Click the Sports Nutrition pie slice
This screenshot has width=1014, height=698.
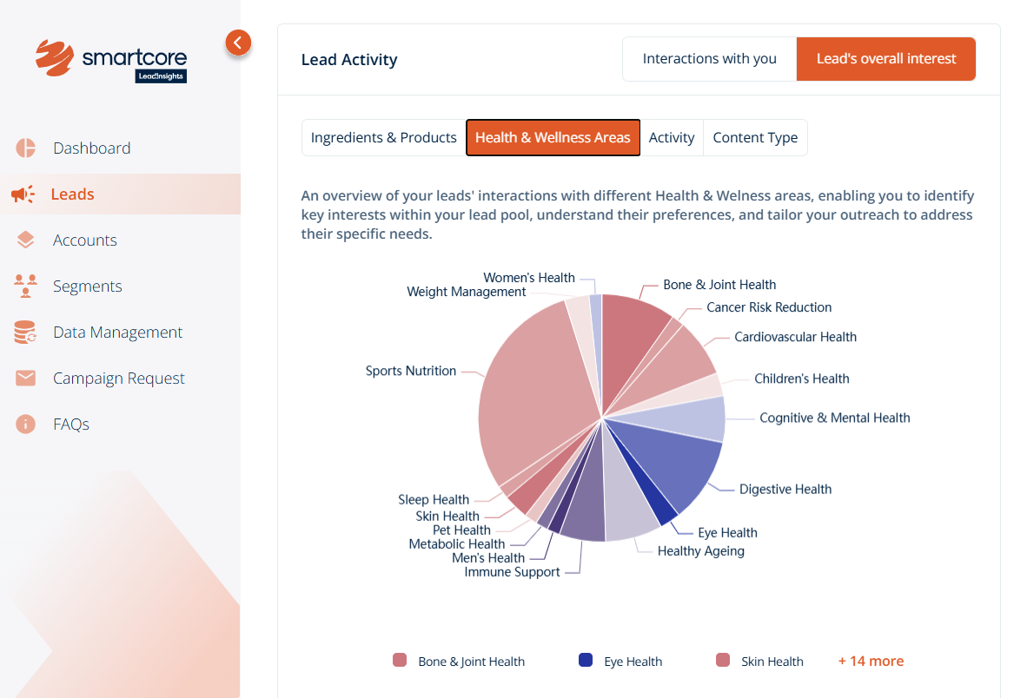[x=530, y=391]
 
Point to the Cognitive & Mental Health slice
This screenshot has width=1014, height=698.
[x=695, y=418]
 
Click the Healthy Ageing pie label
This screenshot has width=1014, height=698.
[x=700, y=550]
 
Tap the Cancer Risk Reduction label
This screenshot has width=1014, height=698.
[x=769, y=307]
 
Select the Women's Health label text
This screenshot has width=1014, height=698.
[x=528, y=278]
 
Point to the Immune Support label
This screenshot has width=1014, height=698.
[x=512, y=572]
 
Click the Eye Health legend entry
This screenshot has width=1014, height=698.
[x=621, y=661]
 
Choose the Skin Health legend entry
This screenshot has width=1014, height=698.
[x=760, y=661]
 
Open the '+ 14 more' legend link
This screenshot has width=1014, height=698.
[x=871, y=661]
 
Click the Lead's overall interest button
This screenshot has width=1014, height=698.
[x=886, y=59]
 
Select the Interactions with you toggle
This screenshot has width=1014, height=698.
[x=709, y=59]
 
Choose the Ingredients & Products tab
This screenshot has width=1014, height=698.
[x=383, y=138]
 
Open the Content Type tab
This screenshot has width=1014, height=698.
[x=755, y=138]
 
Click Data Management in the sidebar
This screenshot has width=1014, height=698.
[x=117, y=333]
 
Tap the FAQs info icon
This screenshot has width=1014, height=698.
[x=25, y=425]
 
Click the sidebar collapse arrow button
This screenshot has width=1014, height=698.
[x=238, y=42]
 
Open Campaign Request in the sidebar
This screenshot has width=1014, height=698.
[x=118, y=379]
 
